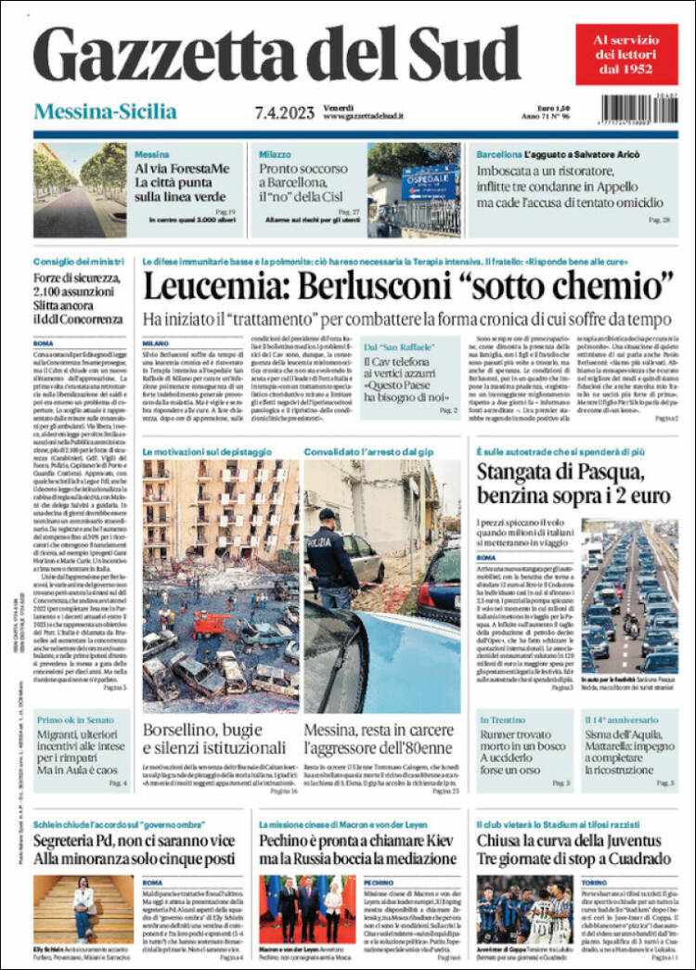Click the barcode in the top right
pos(638,106)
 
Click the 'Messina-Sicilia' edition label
pos(105,112)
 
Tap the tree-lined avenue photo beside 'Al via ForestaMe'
pos(80,190)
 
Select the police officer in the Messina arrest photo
pos(332,557)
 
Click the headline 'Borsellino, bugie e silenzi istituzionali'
pos(217,739)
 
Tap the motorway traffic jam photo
pos(630,594)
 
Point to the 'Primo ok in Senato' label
pos(71,719)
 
